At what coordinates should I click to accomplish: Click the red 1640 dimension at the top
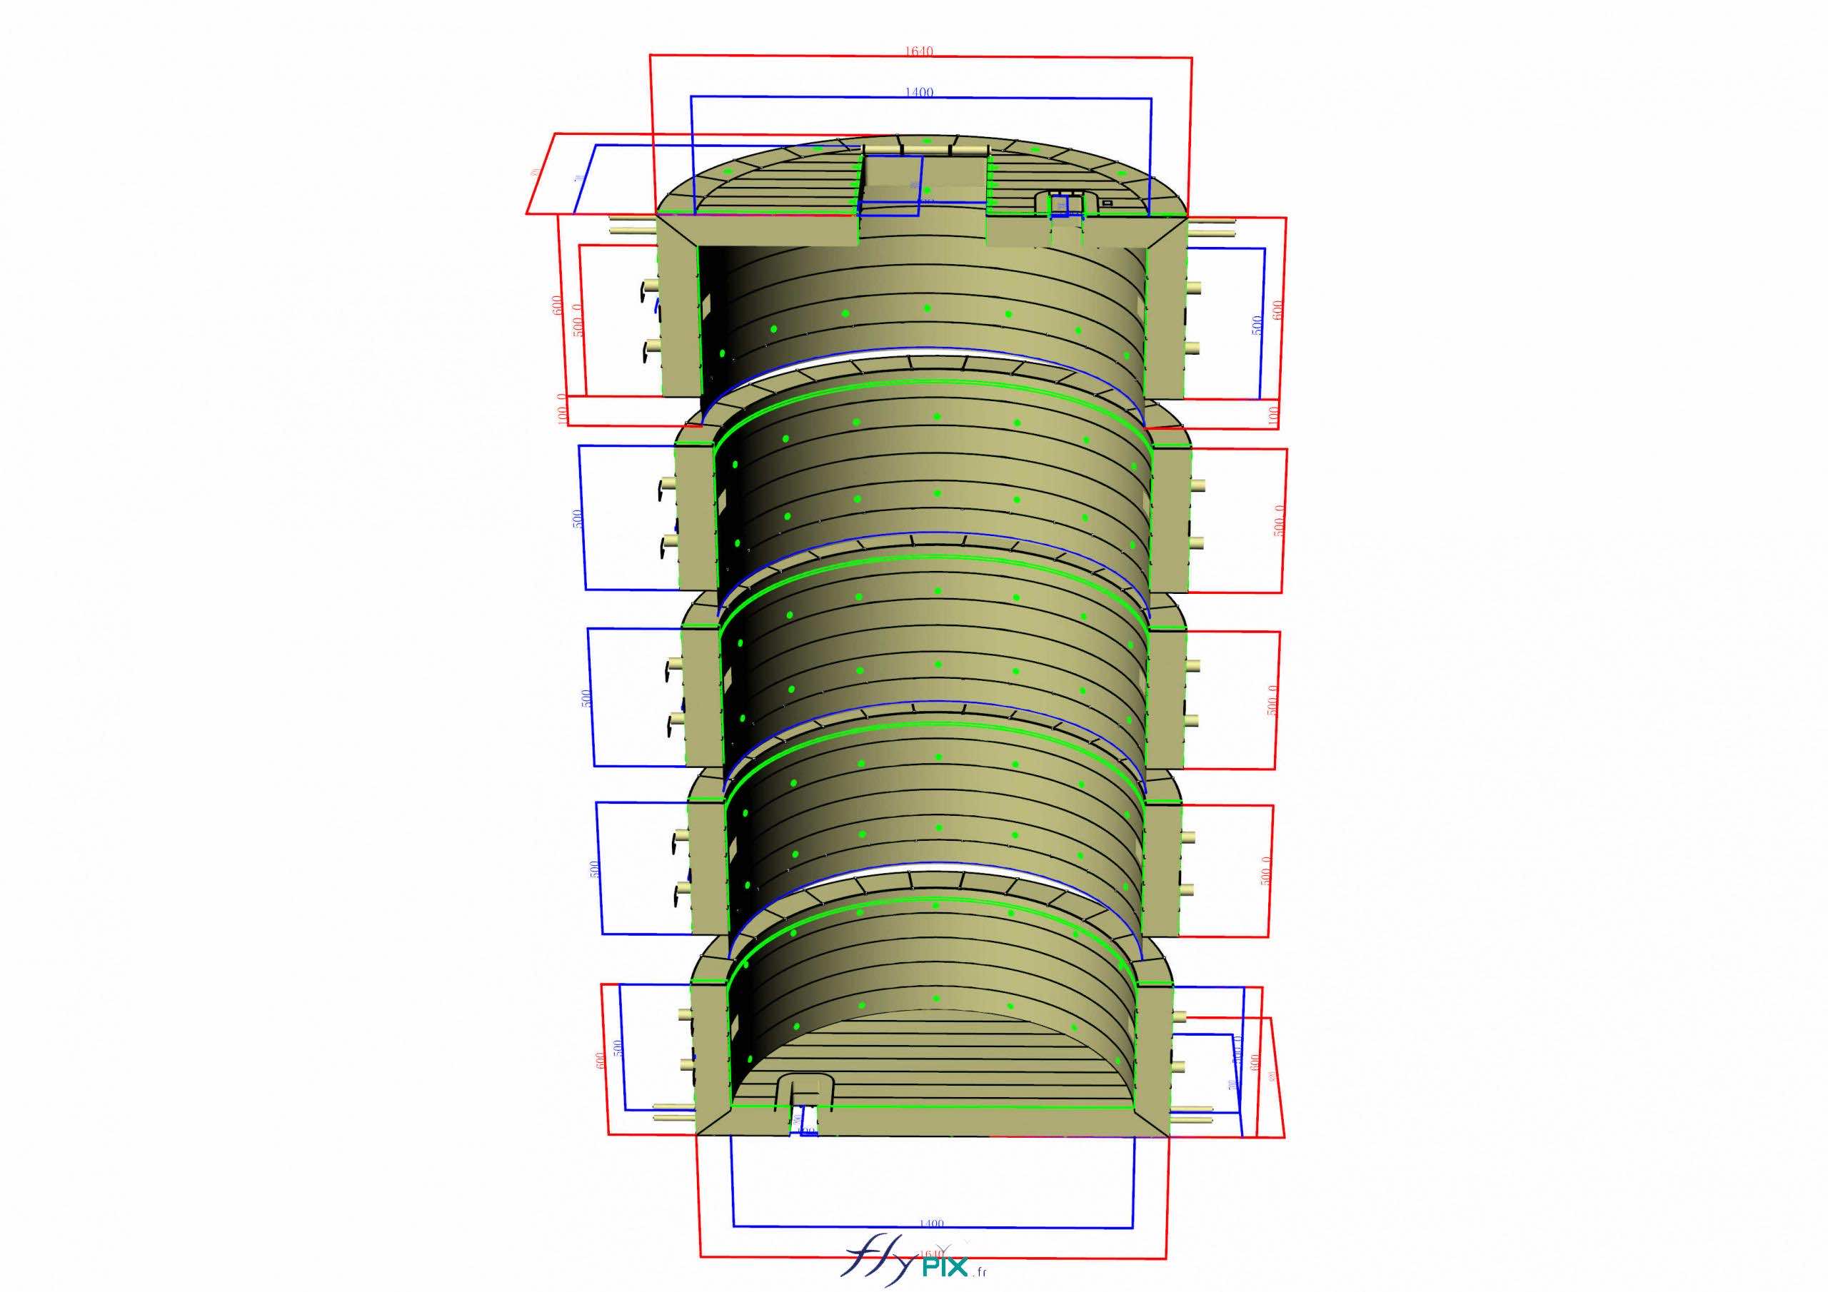[919, 51]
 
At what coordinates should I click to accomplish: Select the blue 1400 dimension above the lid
[919, 92]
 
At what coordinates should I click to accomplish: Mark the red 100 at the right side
[1272, 414]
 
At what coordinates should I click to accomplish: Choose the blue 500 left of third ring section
[587, 699]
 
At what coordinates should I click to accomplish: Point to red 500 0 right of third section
[1274, 700]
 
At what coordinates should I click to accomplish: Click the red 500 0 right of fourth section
[1267, 870]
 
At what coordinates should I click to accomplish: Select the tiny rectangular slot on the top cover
[1106, 203]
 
